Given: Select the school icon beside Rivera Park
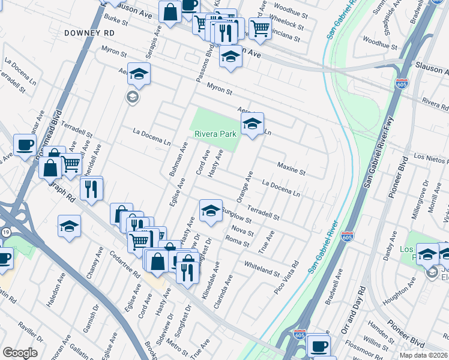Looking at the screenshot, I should pyautogui.click(x=252, y=124).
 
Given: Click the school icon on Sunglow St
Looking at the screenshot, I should pyautogui.click(x=210, y=211).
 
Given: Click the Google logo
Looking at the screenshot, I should pyautogui.click(x=20, y=353).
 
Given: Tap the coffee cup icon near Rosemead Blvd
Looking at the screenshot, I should pyautogui.click(x=25, y=145).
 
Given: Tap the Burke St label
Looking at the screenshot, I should pyautogui.click(x=116, y=23).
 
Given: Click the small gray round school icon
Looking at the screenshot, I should pyautogui.click(x=131, y=97).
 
